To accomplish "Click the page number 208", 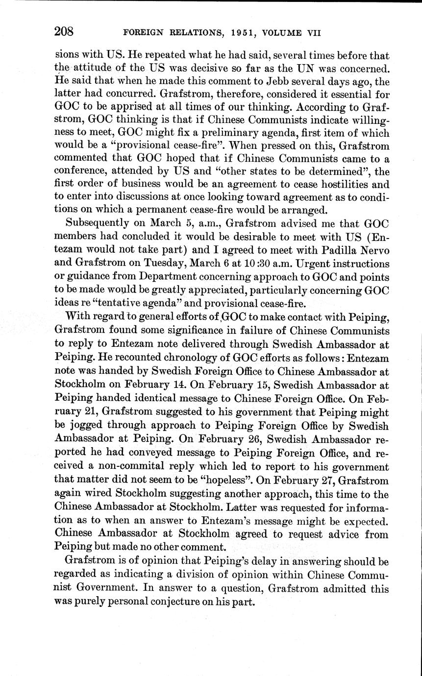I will [64, 32].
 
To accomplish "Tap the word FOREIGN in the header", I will [145, 33].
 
